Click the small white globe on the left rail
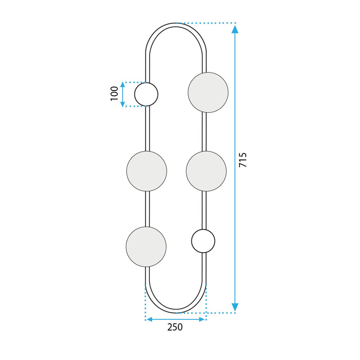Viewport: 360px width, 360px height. coord(146,94)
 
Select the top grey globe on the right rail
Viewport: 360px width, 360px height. coord(208,93)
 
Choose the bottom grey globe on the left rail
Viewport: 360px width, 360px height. coord(147,246)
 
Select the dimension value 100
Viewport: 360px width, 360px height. coord(114,94)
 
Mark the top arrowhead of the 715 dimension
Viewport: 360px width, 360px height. coord(235,29)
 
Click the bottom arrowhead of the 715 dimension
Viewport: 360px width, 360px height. coord(235,307)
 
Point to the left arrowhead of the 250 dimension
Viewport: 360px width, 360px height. coord(150,319)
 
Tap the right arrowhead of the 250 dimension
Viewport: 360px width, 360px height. coord(202,319)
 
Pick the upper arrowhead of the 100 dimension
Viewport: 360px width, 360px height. coord(122,85)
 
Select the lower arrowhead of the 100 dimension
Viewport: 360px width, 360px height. coord(122,103)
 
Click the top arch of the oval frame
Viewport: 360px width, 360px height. coord(176,24)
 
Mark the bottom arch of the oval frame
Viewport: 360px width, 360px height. coord(176,312)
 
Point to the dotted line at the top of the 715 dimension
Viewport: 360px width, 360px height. coord(206,23)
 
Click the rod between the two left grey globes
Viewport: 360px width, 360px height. coord(148,209)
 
